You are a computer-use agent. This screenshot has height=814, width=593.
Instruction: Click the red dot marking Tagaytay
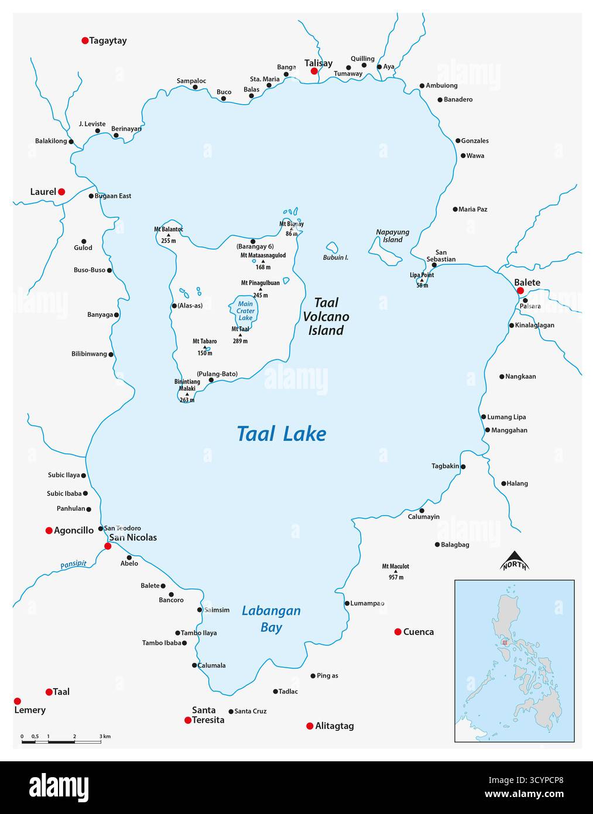pyautogui.click(x=85, y=40)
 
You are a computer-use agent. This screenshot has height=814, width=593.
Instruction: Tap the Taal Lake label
pyautogui.click(x=281, y=434)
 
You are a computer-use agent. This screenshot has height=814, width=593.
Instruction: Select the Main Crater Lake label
pyautogui.click(x=245, y=311)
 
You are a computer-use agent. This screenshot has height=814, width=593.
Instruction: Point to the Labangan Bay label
pyautogui.click(x=271, y=619)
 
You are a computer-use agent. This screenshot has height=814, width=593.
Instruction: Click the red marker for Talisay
pyautogui.click(x=314, y=71)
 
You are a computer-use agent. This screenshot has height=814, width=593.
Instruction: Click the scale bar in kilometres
pyautogui.click(x=61, y=742)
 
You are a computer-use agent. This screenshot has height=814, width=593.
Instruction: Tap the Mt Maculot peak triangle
pyautogui.click(x=396, y=572)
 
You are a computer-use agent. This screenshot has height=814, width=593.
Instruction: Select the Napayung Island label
pyautogui.click(x=392, y=236)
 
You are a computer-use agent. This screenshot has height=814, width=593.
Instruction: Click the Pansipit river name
pyautogui.click(x=73, y=565)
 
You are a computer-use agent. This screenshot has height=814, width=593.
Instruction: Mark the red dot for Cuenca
pyautogui.click(x=398, y=631)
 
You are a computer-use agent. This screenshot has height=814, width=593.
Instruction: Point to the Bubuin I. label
pyautogui.click(x=335, y=258)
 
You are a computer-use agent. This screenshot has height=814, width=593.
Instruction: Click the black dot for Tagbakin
pyautogui.click(x=463, y=467)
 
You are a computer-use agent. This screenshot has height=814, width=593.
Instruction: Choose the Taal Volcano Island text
pyautogui.click(x=326, y=316)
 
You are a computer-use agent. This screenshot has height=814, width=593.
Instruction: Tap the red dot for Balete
pyautogui.click(x=520, y=290)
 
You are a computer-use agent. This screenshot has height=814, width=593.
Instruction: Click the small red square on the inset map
pyautogui.click(x=504, y=642)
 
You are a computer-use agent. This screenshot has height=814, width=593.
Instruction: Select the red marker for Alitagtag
pyautogui.click(x=310, y=726)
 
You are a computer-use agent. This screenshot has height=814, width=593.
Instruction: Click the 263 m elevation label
pyautogui.click(x=187, y=401)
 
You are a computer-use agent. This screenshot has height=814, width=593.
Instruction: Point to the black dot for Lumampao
pyautogui.click(x=347, y=603)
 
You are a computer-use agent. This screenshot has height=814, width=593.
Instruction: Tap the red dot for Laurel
pyautogui.click(x=61, y=191)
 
